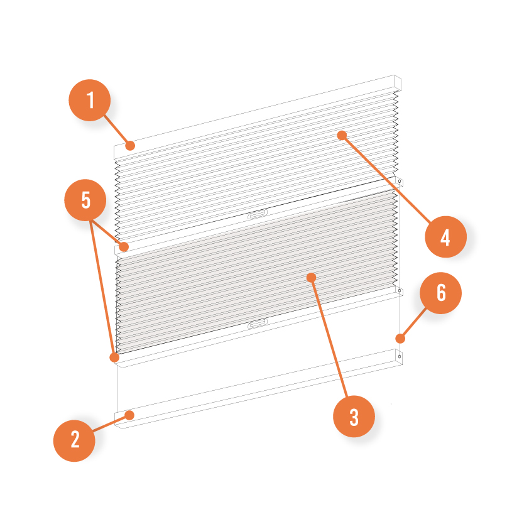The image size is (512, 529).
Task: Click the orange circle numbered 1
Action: point(90,100)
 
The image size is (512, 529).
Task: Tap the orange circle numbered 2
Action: point(74,440)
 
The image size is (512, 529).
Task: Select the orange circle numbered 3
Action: point(354,417)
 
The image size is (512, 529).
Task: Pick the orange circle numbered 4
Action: point(445,237)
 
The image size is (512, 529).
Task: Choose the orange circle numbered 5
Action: point(85,200)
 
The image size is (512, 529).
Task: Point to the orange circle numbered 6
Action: point(440,293)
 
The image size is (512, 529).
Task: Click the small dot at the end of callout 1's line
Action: point(130,146)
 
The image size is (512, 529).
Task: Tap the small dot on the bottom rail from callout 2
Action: point(129,415)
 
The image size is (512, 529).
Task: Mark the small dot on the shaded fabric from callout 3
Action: point(312,278)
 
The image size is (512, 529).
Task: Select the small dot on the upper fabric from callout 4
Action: point(342,135)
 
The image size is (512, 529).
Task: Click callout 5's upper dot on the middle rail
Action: point(124,247)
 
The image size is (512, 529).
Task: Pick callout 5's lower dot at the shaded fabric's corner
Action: point(114,357)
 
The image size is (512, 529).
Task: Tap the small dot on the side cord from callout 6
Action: point(400,339)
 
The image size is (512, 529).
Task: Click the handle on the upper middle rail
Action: point(258,214)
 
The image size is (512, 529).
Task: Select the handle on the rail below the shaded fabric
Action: point(258,323)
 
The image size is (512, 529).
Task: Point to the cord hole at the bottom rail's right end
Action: point(400,356)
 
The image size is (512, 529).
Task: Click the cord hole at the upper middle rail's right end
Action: point(400,182)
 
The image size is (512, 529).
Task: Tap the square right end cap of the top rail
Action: point(398,83)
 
